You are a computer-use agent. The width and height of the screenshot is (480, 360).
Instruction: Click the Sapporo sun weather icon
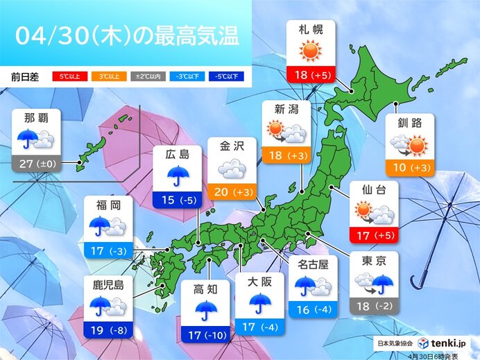[311, 52]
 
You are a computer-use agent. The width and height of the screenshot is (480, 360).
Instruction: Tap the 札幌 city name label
[311, 30]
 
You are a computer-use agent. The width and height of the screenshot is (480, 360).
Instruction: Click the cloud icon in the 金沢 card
[232, 169]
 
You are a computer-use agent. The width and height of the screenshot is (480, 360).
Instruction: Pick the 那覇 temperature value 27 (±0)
[45, 164]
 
